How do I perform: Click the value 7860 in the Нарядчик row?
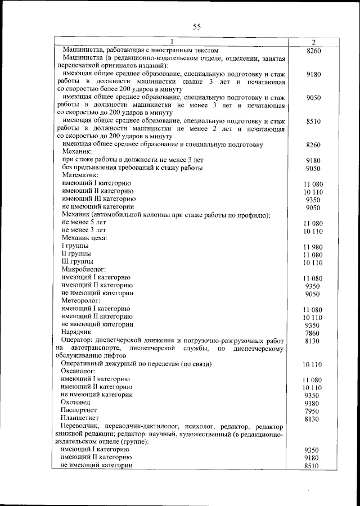click(312, 333)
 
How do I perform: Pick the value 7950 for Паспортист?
click(312, 412)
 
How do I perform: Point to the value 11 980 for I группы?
click(312, 247)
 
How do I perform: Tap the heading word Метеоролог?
click(82, 301)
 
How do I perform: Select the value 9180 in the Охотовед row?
click(312, 404)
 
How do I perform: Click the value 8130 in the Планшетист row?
click(312, 419)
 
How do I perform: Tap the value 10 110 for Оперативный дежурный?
click(312, 364)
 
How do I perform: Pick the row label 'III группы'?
click(77, 261)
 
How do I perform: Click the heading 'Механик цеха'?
click(84, 238)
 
